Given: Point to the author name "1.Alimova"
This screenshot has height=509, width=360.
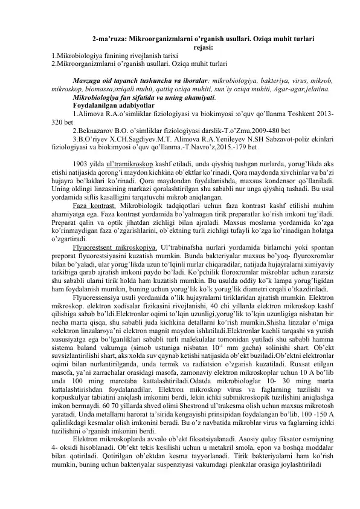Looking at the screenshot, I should click(87, 112).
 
